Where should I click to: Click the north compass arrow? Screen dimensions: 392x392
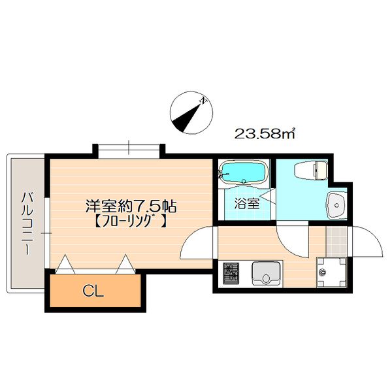189,112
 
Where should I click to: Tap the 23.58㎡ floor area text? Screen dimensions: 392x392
265,135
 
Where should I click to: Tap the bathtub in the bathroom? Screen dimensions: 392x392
242,173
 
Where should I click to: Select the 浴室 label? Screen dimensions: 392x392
247,203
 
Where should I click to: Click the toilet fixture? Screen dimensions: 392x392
310,171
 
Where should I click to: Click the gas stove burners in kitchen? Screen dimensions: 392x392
231,272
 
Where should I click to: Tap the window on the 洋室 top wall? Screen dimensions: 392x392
129,149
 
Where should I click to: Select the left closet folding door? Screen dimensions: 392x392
66,264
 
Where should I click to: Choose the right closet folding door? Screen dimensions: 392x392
125,264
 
